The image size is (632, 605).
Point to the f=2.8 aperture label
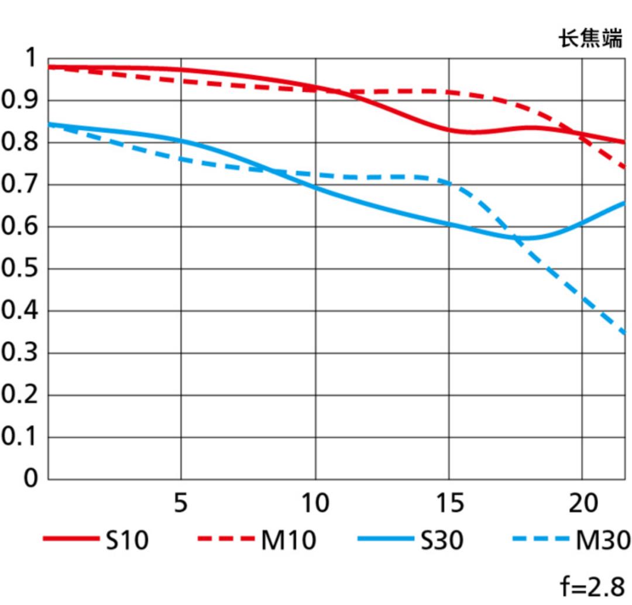click(592, 586)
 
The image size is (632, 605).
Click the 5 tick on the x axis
click(181, 503)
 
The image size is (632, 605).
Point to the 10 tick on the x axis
click(315, 503)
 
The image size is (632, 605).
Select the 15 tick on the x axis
click(449, 503)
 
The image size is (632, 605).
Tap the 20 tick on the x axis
click(583, 503)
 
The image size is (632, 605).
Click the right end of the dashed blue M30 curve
click(626, 334)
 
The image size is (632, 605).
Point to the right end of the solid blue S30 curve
click(626, 203)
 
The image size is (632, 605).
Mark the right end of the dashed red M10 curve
click(626, 167)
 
